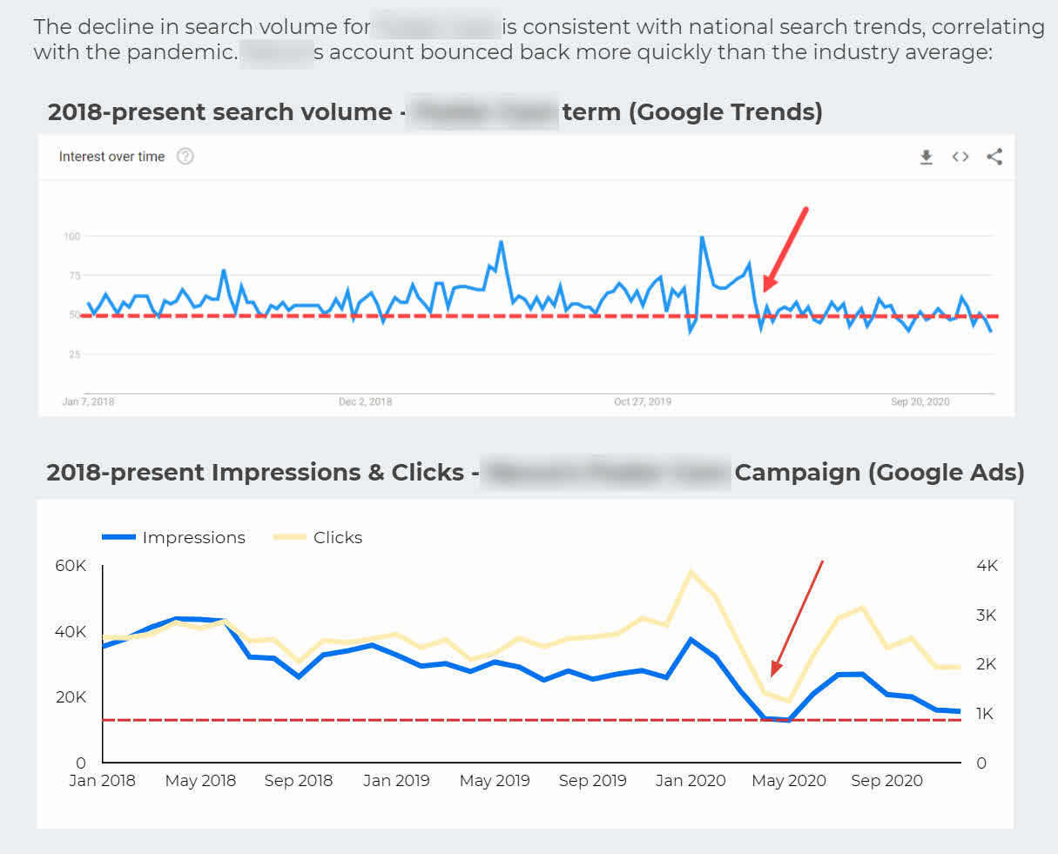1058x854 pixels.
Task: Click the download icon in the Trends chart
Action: click(x=926, y=157)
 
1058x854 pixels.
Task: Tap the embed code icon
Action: click(x=960, y=157)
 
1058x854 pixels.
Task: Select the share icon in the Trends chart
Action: click(x=994, y=157)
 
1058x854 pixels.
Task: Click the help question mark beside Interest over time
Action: click(x=185, y=157)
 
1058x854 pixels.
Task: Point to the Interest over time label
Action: click(x=111, y=157)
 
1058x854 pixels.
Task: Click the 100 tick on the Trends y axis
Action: click(x=71, y=236)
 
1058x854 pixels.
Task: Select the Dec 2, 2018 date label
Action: click(x=365, y=402)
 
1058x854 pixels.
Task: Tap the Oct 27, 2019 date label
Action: click(x=643, y=402)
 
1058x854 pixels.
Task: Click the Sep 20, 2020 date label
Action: click(x=920, y=402)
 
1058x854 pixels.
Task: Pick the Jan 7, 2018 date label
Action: click(x=88, y=402)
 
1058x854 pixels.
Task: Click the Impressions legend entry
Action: click(x=174, y=538)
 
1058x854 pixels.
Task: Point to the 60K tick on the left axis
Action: click(x=71, y=566)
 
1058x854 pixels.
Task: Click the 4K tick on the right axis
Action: click(x=987, y=566)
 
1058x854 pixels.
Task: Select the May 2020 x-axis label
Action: click(x=789, y=781)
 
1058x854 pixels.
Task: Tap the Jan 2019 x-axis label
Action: click(x=396, y=781)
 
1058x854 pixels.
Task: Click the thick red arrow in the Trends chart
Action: click(x=785, y=249)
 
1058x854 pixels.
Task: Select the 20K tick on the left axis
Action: click(x=71, y=697)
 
